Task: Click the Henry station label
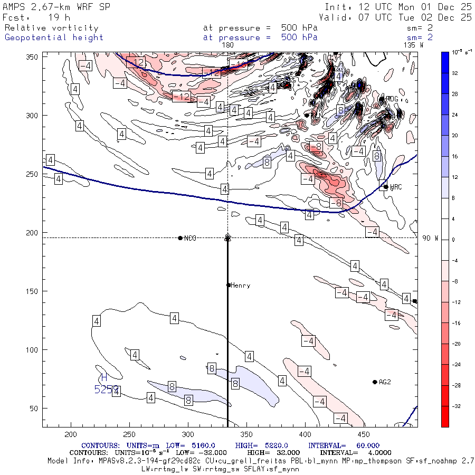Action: coord(241,286)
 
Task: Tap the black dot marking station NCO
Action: coord(180,238)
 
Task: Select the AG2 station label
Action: coord(385,382)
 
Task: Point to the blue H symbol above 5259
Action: coord(104,378)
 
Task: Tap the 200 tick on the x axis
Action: coord(71,434)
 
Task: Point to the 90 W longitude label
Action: coord(430,239)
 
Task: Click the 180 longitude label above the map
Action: coord(228,45)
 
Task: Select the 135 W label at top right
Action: coord(413,45)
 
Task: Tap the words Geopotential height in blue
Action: coord(54,37)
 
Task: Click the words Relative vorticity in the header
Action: coord(51,28)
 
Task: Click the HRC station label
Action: coord(397,187)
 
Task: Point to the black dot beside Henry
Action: coord(229,285)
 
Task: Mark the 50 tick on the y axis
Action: coord(34,408)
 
